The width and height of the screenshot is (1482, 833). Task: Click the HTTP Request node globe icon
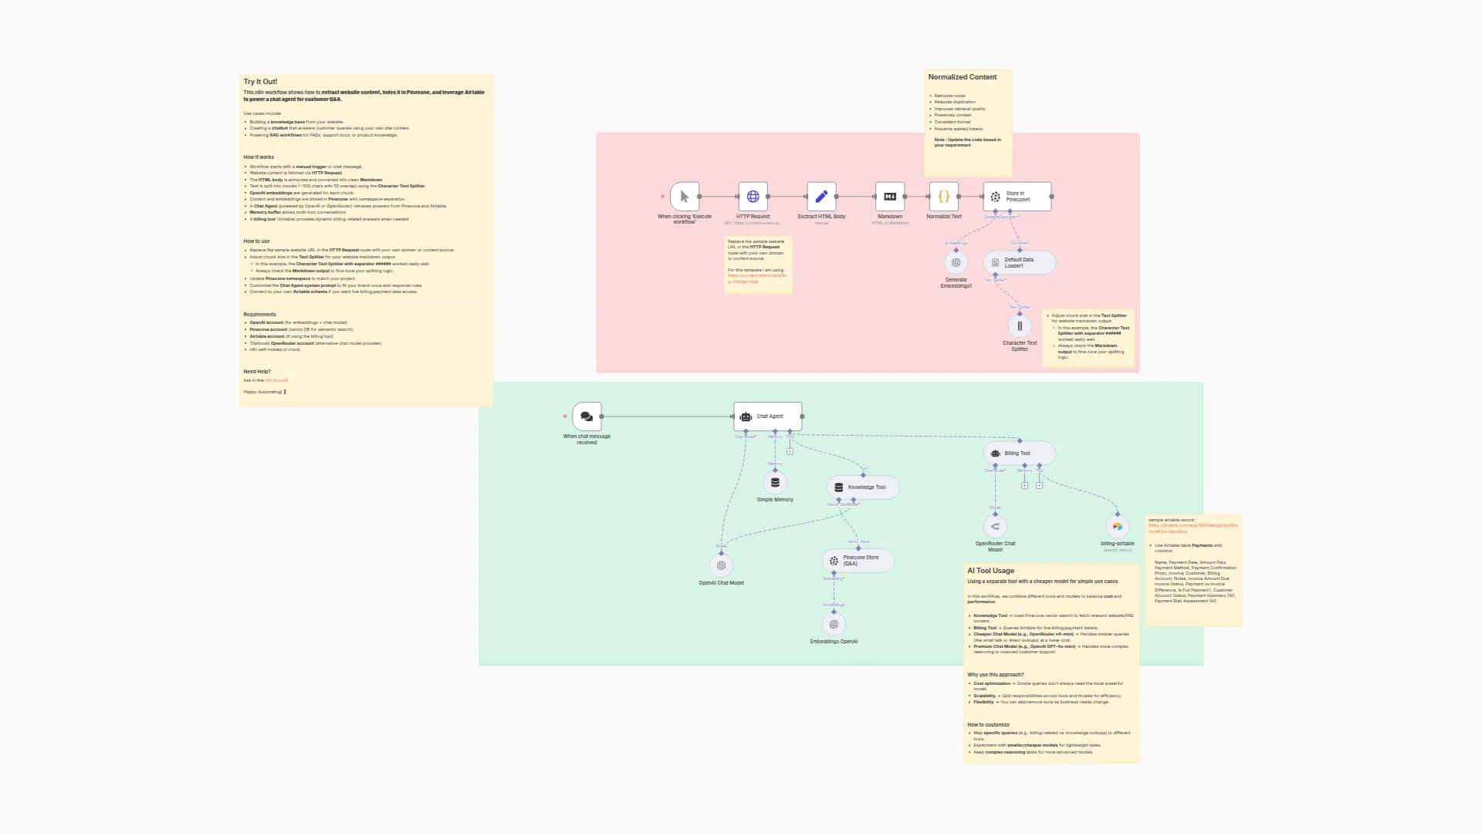coord(753,197)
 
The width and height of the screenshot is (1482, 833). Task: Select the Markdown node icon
coord(889,197)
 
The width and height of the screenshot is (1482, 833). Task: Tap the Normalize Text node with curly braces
coord(943,197)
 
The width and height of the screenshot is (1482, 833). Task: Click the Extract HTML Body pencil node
coord(821,197)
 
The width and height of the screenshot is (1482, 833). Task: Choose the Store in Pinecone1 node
coord(1017,197)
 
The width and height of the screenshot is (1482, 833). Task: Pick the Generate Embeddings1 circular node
coord(956,262)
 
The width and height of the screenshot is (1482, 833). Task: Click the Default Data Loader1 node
coord(1019,262)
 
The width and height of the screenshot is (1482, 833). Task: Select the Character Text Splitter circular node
coord(1020,326)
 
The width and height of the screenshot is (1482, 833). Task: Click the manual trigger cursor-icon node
coord(684,197)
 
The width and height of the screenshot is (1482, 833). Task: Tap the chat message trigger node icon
coord(587,416)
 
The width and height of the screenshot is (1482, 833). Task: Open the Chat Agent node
coord(767,416)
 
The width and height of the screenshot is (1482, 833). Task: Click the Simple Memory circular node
coord(775,483)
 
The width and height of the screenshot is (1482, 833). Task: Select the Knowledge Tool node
coord(862,487)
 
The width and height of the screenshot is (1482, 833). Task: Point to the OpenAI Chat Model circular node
coord(721,565)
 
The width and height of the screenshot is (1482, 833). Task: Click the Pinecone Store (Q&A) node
coord(858,560)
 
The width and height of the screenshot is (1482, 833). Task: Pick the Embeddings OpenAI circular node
coord(834,624)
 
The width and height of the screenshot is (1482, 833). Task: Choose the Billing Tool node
coord(1019,453)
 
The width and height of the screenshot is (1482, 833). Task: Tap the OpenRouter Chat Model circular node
coord(995,527)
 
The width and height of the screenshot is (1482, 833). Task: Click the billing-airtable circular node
coord(1117,527)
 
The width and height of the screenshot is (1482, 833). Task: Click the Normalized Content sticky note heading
coord(962,77)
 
